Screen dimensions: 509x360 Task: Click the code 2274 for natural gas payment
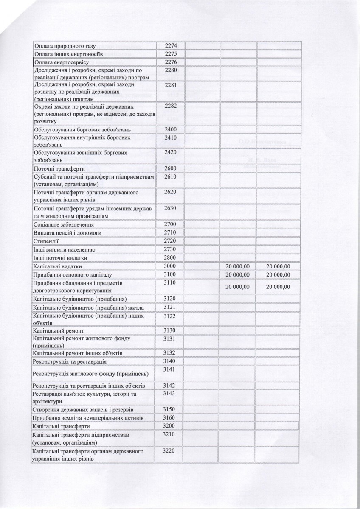(169, 46)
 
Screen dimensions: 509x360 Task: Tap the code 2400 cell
(169, 129)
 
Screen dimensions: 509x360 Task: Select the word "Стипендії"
(45, 241)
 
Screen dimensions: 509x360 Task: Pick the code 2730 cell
(169, 249)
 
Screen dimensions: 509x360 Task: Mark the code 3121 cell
(169, 307)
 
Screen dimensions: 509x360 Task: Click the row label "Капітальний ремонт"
(59, 330)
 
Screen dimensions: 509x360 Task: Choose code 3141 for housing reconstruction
(169, 370)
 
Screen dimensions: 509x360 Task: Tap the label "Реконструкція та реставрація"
(70, 361)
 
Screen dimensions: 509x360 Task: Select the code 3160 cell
(169, 418)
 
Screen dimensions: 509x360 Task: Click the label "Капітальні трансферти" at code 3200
(61, 426)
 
